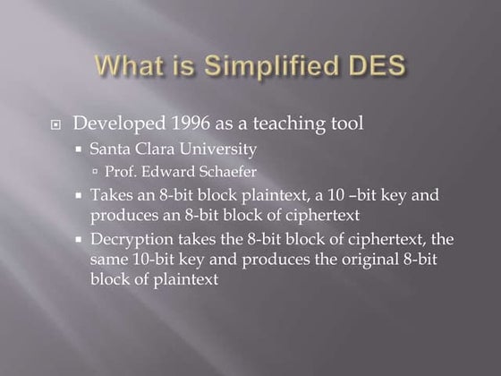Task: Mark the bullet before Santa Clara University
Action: [79, 148]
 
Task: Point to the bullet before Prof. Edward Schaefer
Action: [96, 171]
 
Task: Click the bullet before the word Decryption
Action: [79, 240]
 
